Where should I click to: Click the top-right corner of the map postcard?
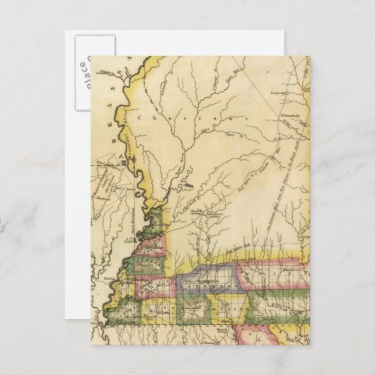pyautogui.click(x=310, y=57)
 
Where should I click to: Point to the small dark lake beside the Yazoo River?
pyautogui.click(x=188, y=186)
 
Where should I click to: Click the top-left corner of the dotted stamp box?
pyautogui.click(x=69, y=32)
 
